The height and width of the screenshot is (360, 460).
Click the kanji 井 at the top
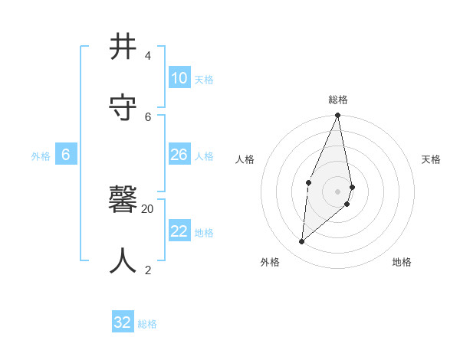point(123,47)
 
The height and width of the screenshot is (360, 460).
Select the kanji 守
point(123,107)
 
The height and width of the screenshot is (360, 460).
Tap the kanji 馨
point(123,201)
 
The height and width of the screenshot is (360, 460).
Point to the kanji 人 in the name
point(123,260)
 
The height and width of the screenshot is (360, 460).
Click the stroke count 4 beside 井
point(147,56)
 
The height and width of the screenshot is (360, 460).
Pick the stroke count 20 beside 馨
point(147,208)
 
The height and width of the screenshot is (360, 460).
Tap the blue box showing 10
point(179,78)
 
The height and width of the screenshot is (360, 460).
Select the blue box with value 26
point(179,155)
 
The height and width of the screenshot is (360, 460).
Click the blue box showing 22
point(179,231)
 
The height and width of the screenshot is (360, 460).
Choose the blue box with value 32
point(123,322)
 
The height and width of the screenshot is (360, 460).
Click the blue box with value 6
point(66,155)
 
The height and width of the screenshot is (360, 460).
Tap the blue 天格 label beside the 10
point(204,80)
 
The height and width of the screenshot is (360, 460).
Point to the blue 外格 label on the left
point(41,156)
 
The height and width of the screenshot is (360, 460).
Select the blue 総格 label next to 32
point(147,324)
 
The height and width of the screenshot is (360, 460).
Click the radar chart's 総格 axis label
point(338,100)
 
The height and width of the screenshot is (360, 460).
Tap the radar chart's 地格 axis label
point(402,262)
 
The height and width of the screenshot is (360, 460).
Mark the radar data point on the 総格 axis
point(338,116)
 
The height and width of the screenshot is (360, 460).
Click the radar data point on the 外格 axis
point(302,241)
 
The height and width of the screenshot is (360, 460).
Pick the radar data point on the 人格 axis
point(308,182)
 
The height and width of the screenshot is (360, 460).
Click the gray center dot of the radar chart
point(338,191)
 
